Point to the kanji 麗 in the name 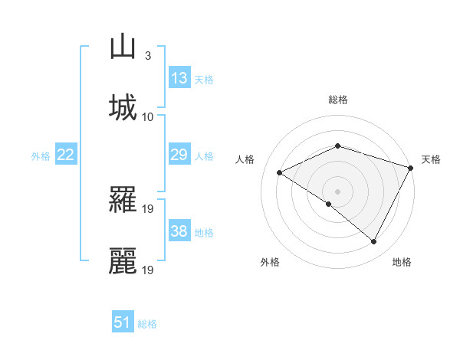pos(123,260)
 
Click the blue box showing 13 pos(179,78)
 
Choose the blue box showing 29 pos(179,155)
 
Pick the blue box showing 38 pos(179,231)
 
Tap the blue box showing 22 pos(66,155)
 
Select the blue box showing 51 pos(123,322)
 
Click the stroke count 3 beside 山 pos(147,56)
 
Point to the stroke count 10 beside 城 pos(149,116)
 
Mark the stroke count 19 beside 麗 pos(149,270)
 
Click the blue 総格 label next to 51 pos(148,324)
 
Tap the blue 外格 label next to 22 pos(41,156)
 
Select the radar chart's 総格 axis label pos(338,100)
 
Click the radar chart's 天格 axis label pos(432,159)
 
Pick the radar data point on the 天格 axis pos(411,167)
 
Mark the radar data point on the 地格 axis pos(374,242)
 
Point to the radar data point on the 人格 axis pos(280,173)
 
